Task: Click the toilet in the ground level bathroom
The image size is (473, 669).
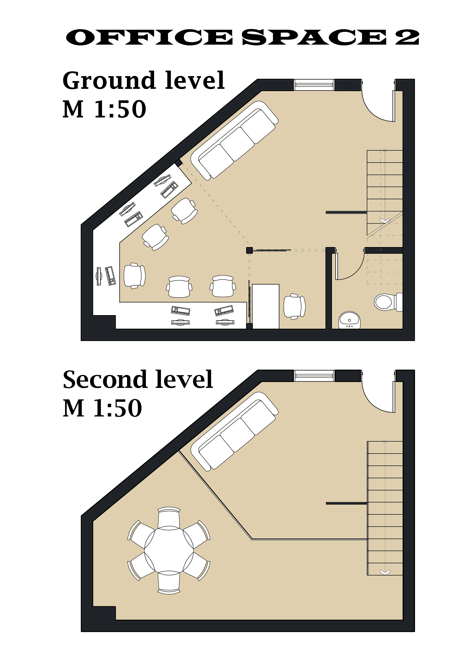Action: pyautogui.click(x=388, y=302)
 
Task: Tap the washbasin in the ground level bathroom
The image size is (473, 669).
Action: pyautogui.click(x=349, y=320)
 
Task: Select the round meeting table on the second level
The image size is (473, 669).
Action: pyautogui.click(x=169, y=551)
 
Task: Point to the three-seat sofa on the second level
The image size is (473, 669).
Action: pyautogui.click(x=235, y=431)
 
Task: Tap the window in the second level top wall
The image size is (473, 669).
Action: pyautogui.click(x=314, y=376)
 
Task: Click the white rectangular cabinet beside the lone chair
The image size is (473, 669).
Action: pyautogui.click(x=265, y=306)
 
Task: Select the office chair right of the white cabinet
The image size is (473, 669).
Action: pyautogui.click(x=294, y=306)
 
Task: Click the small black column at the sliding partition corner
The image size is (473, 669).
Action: pyautogui.click(x=249, y=250)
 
